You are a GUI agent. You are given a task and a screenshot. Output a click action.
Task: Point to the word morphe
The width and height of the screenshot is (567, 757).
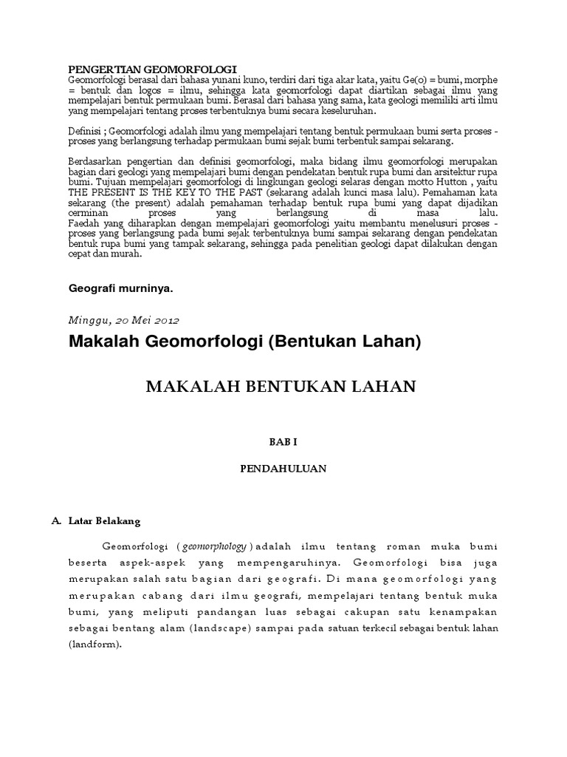(x=483, y=79)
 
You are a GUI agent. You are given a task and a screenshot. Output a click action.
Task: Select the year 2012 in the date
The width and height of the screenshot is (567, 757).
(x=163, y=320)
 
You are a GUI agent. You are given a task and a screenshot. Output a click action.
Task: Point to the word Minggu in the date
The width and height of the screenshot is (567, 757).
(x=89, y=320)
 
